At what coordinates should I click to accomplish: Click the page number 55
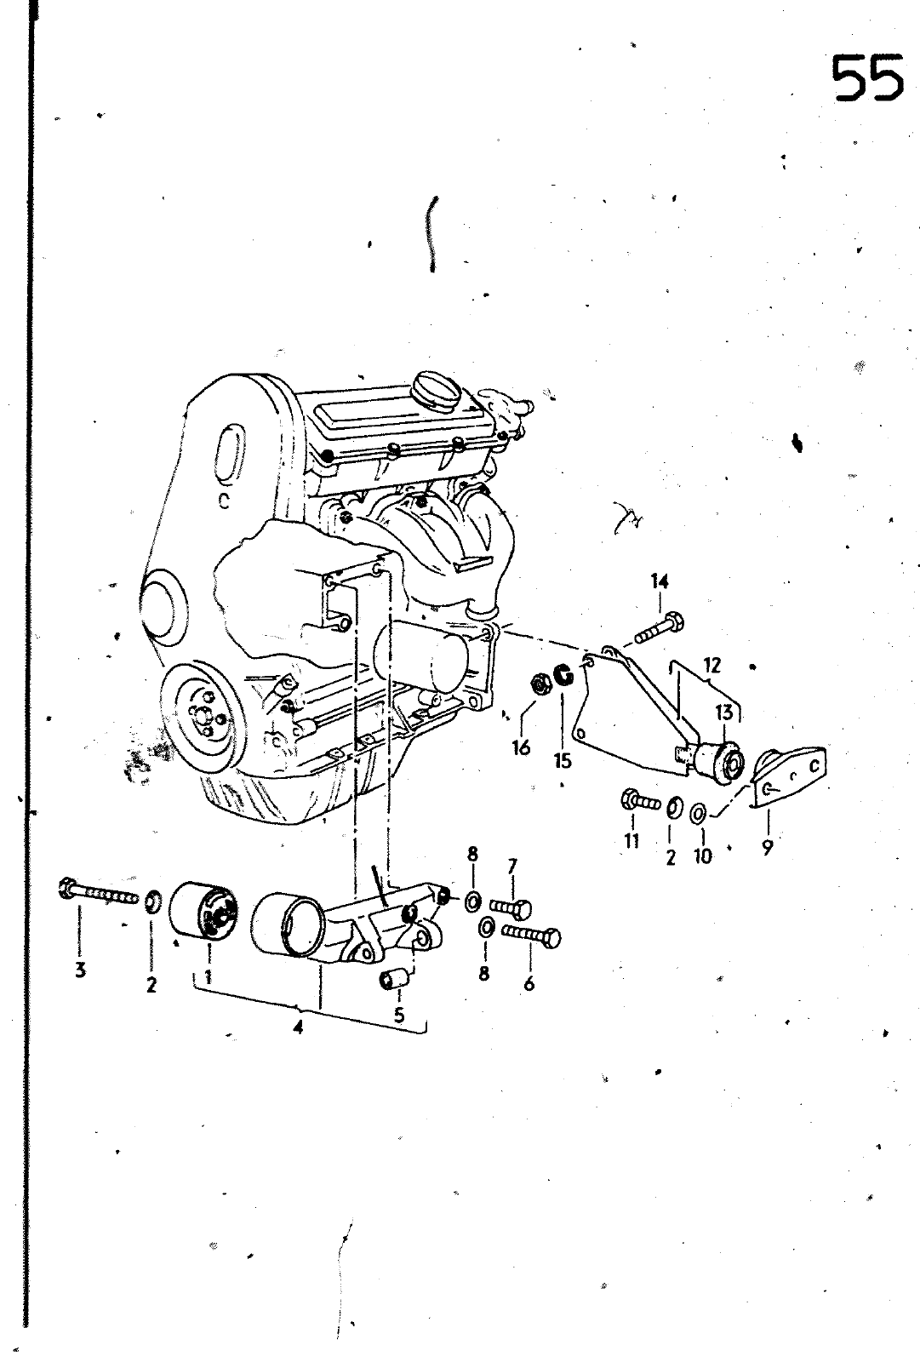click(x=867, y=77)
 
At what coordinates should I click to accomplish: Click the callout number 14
click(x=660, y=581)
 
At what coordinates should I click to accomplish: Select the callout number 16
click(x=521, y=747)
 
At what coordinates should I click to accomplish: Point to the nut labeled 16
click(x=538, y=682)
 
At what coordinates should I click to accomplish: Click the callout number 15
click(x=563, y=760)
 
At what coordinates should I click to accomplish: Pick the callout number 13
click(x=723, y=712)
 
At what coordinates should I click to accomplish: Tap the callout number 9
click(x=767, y=847)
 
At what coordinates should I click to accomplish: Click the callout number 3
click(x=80, y=970)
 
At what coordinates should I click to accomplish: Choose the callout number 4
click(x=298, y=1027)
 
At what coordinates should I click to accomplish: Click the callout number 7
click(x=512, y=867)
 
